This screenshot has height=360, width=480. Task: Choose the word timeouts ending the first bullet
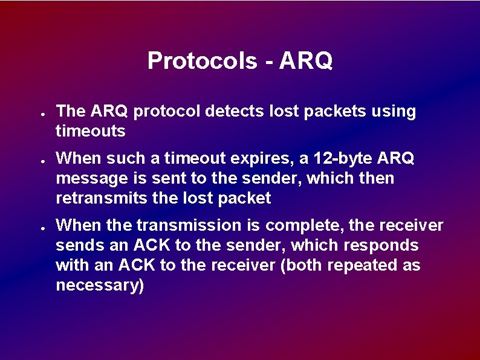91,131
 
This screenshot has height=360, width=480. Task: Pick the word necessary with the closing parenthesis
100,285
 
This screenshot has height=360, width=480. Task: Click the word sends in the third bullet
76,246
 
